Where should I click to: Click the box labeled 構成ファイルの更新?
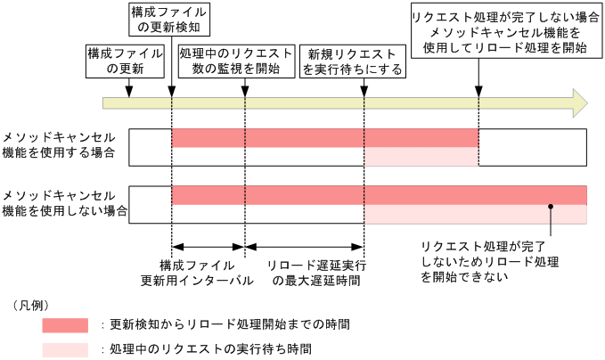point(126,61)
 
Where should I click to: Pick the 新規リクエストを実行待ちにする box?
point(354,61)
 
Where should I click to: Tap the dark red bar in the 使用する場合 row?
point(325,138)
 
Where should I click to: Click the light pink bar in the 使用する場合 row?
point(421,158)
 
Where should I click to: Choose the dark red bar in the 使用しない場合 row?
point(379,195)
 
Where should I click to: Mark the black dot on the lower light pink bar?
point(552,207)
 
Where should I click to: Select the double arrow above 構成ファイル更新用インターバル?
point(208,246)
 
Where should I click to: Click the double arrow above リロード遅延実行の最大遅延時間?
point(304,246)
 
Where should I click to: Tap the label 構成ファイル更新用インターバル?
point(197,273)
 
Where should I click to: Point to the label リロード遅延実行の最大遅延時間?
point(316,273)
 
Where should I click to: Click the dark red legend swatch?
point(65,324)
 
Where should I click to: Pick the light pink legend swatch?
point(65,348)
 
